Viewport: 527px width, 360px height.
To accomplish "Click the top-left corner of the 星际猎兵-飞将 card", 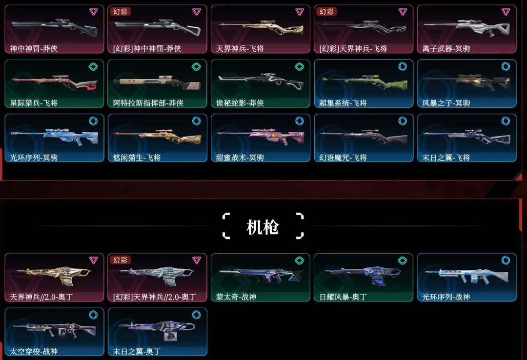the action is (x=5, y=60).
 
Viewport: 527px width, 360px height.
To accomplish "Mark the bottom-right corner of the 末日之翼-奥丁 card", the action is (x=207, y=355).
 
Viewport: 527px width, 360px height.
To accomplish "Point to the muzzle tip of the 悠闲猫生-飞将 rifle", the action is (x=114, y=134).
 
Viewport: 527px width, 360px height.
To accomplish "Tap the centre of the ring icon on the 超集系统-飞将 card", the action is (x=402, y=66).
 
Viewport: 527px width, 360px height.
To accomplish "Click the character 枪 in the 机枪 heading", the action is (x=270, y=227).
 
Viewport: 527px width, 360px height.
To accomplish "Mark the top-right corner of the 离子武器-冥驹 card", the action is (x=516, y=5).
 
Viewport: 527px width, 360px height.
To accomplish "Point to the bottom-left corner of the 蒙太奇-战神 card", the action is (x=211, y=301).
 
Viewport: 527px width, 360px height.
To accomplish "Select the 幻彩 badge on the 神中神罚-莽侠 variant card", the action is (x=121, y=12).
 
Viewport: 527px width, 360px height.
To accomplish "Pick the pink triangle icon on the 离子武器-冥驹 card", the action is (x=506, y=12).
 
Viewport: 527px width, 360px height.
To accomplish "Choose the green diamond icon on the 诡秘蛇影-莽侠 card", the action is (x=299, y=66).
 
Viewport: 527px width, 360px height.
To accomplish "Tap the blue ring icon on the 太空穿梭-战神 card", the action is (x=93, y=315).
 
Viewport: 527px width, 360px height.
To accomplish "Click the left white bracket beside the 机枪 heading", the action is (x=226, y=226).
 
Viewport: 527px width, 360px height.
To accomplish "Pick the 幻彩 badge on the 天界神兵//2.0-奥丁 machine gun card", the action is (x=121, y=260).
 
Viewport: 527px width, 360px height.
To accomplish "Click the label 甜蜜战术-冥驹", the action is (x=240, y=157).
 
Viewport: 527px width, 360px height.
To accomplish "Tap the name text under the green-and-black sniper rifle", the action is (x=343, y=103).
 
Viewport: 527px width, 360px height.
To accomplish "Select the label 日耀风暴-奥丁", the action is (x=343, y=297).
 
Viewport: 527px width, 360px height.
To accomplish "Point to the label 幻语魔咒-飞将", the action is (x=343, y=157).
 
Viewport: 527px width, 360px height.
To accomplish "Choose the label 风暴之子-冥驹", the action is (x=446, y=103).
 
